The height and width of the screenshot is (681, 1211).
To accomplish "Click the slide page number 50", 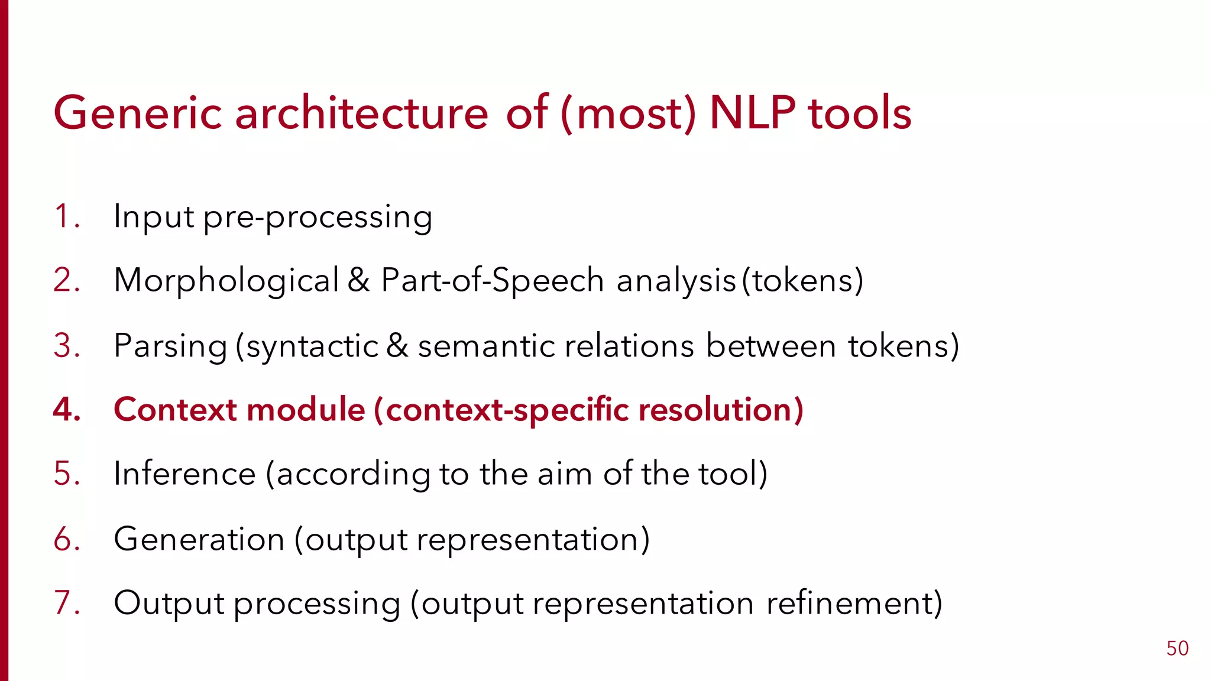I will point(1177,648).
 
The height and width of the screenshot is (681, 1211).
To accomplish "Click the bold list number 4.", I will point(66,410).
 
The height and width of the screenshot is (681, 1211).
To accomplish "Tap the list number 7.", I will point(65,603).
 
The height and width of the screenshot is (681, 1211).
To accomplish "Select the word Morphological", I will point(226,281).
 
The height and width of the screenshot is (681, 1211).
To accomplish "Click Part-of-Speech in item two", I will point(492,281).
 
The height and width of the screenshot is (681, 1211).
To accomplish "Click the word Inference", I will point(184,474).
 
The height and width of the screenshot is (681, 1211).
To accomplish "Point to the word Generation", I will point(199,539).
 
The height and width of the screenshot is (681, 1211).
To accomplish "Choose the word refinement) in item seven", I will point(854,604).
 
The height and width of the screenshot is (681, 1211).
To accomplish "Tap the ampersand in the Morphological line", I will point(358,280).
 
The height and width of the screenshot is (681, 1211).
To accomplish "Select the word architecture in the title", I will point(361,113).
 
